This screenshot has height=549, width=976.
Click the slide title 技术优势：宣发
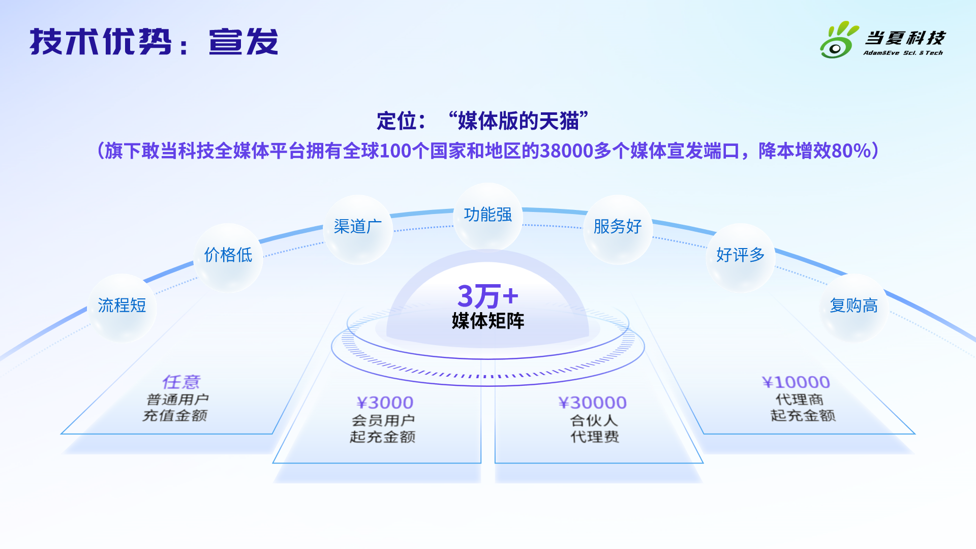tap(154, 41)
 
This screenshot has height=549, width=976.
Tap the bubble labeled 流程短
tap(122, 307)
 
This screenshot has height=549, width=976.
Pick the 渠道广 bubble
tap(358, 228)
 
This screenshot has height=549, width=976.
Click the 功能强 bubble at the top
tap(488, 216)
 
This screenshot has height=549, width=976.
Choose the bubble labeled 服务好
tap(618, 228)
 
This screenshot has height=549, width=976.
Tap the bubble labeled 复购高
tap(854, 307)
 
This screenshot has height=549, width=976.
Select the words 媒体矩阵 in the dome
tap(488, 321)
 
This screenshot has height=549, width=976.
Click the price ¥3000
tap(385, 403)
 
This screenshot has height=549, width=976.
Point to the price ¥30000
tap(593, 403)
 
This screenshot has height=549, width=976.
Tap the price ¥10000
tap(796, 382)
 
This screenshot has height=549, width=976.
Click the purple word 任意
tap(181, 382)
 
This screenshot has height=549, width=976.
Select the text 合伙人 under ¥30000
tap(594, 420)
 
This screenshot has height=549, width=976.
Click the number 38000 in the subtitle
tap(566, 151)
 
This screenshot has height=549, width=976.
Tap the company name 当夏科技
tap(905, 38)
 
